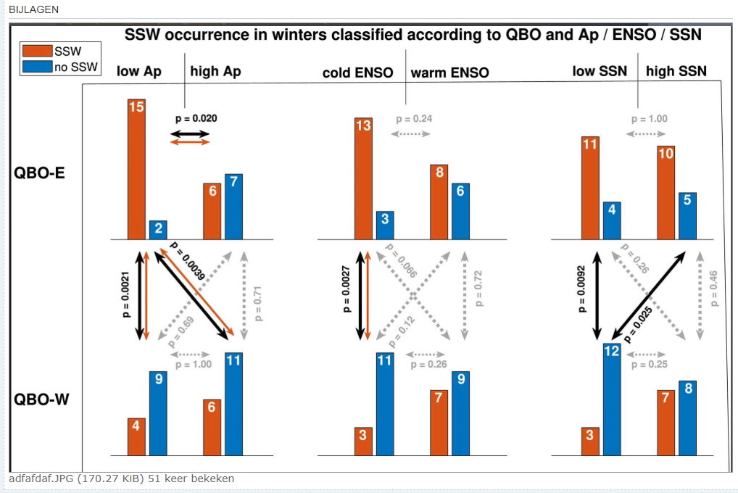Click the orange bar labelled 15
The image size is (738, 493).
[136, 170]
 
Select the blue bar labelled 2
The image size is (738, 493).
[158, 231]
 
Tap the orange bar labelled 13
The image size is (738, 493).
[363, 179]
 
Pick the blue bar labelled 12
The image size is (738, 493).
[612, 399]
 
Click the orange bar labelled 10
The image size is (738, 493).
[666, 193]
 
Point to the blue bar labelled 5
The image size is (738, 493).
[688, 216]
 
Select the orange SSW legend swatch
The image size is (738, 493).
[37, 51]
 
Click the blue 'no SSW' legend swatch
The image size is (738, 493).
[37, 67]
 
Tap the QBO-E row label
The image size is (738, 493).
[39, 173]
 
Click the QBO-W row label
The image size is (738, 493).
[41, 399]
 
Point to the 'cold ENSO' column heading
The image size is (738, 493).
[357, 72]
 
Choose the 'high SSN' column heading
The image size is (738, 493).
[676, 71]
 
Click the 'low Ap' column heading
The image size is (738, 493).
[139, 72]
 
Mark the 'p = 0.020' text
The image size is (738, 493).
[196, 118]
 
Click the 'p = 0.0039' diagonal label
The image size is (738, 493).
[187, 261]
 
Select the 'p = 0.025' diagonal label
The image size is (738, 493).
[638, 325]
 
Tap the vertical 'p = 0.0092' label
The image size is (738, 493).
[581, 289]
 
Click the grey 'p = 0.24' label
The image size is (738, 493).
[414, 119]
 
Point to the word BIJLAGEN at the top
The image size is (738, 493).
[34, 9]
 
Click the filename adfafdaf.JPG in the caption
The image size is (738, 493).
[41, 479]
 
